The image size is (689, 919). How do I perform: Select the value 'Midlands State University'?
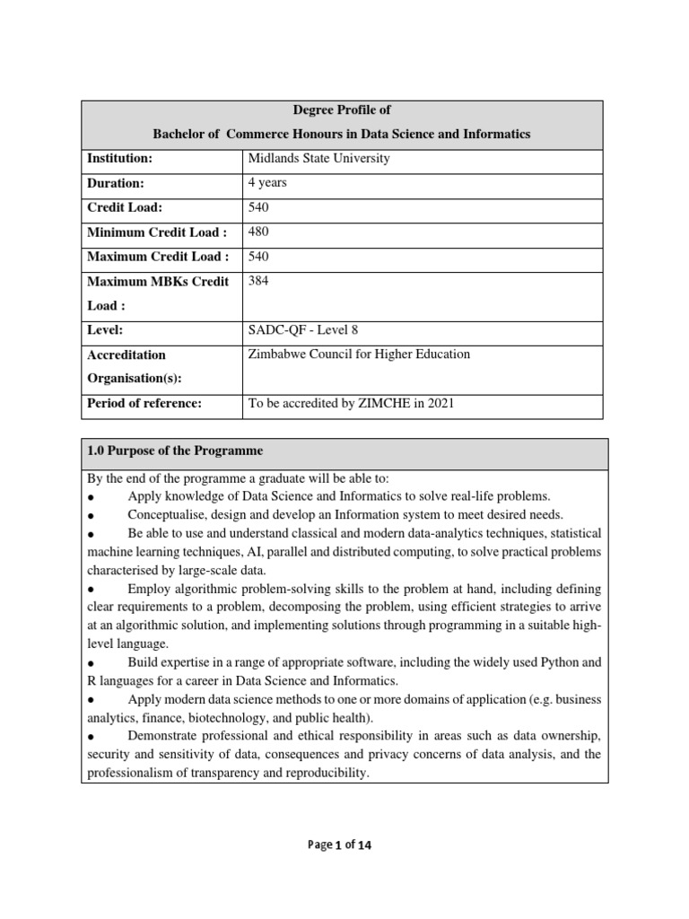[x=318, y=159]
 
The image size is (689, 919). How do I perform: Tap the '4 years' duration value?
[x=267, y=183]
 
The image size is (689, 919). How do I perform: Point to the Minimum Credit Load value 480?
[x=258, y=232]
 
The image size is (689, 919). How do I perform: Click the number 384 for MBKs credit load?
[x=258, y=282]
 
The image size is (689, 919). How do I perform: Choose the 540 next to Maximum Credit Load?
[x=258, y=257]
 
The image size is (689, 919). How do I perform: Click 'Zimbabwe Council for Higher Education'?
[x=359, y=354]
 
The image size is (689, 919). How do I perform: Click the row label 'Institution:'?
[x=120, y=159]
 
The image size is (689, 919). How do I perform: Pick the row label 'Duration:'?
[x=116, y=183]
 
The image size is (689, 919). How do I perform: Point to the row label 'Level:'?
[x=106, y=330]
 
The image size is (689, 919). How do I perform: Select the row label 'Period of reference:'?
[x=144, y=404]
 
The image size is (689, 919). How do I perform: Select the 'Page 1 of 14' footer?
[x=344, y=845]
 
